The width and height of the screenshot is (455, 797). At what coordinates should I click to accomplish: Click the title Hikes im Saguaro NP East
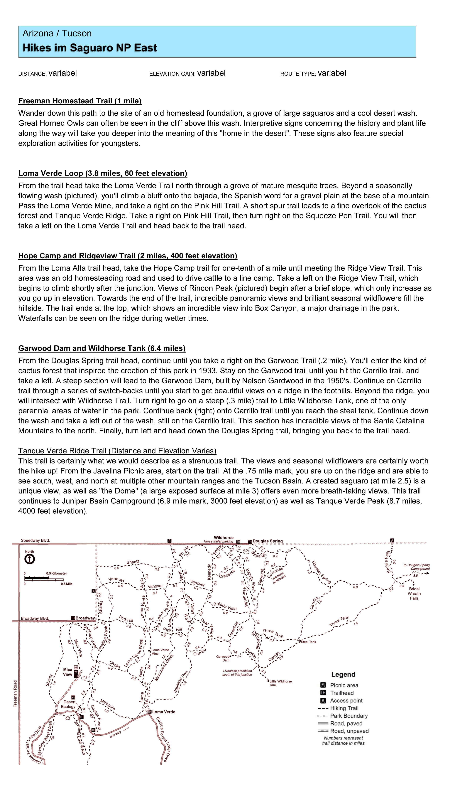point(90,48)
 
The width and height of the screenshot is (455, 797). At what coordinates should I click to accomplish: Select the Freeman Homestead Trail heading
point(80,101)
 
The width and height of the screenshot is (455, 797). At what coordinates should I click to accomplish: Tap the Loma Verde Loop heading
point(102,173)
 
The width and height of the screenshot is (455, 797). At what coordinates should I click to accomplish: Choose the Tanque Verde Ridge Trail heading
point(117,451)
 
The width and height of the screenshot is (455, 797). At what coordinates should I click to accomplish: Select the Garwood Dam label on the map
point(223,658)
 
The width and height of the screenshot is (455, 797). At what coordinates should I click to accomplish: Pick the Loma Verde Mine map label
point(160,652)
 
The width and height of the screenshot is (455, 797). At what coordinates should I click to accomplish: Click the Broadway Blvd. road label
point(35,618)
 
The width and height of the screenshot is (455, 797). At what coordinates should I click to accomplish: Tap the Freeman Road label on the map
point(15,694)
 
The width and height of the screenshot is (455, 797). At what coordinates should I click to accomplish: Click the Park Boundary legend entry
point(349,716)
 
